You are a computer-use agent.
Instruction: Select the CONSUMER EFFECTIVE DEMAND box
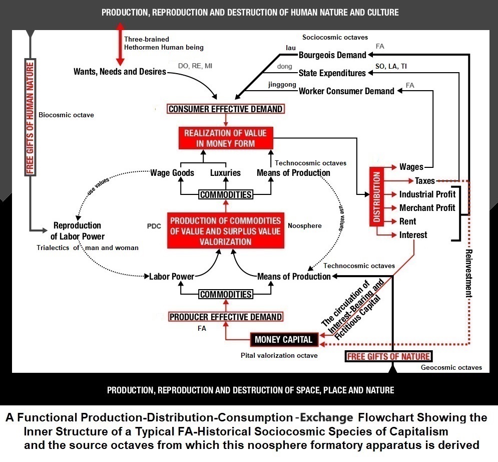point(225,109)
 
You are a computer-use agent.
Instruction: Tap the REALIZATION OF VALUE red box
point(226,138)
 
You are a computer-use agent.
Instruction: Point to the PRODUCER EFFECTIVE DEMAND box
point(225,317)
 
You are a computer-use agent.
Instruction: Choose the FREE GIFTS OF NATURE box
point(388,357)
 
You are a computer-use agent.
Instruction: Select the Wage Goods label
point(172,173)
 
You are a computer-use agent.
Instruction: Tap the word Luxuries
point(225,173)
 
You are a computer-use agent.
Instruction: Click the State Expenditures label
point(332,73)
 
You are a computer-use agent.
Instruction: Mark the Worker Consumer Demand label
point(346,91)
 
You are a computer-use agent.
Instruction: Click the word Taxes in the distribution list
point(425,181)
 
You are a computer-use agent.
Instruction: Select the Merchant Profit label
point(427,208)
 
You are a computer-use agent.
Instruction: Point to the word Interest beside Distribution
point(413,235)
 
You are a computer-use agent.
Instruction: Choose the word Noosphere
point(305,226)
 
